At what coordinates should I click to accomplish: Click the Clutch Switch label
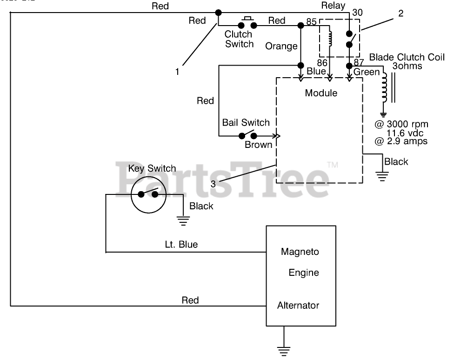coord(239,39)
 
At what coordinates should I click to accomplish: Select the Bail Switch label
coord(246,122)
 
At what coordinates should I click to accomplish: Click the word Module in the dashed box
coord(321,93)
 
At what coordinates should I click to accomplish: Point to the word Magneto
coord(300,252)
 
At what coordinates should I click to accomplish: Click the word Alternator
coord(298,305)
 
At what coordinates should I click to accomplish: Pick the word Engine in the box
coord(304,273)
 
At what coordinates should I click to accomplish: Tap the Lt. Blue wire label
coord(181,245)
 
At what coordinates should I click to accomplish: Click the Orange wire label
coord(281,47)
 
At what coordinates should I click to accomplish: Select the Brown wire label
coord(259,145)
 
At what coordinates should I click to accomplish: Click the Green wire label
coord(367,72)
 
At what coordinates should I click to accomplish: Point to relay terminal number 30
coord(357,13)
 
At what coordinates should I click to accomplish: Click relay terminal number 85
coord(311,22)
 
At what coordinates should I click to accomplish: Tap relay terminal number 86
coord(322,63)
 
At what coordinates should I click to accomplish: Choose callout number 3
coord(213,184)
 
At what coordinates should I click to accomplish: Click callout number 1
coord(177,72)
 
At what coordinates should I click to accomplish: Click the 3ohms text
coord(407,66)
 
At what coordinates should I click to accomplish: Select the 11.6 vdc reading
coord(405,133)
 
